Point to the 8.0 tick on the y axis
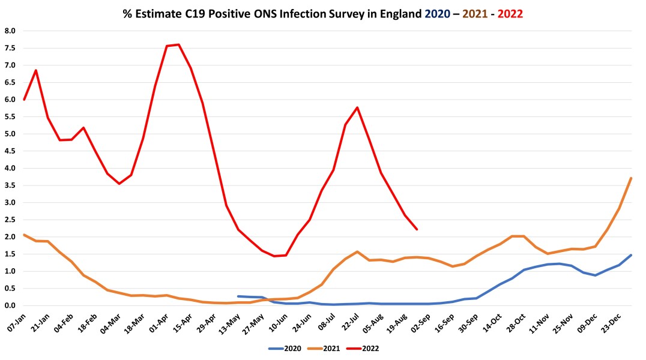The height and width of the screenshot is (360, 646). [10, 31]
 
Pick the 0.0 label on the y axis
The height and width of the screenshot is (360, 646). [10, 305]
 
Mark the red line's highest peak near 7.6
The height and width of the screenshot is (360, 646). [179, 44]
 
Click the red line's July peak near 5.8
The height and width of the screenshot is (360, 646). [357, 107]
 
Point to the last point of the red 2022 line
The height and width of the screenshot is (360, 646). [417, 229]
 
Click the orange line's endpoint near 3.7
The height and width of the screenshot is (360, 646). [631, 178]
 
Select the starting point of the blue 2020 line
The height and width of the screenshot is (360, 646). [238, 296]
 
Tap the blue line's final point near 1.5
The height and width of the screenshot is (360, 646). [631, 255]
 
